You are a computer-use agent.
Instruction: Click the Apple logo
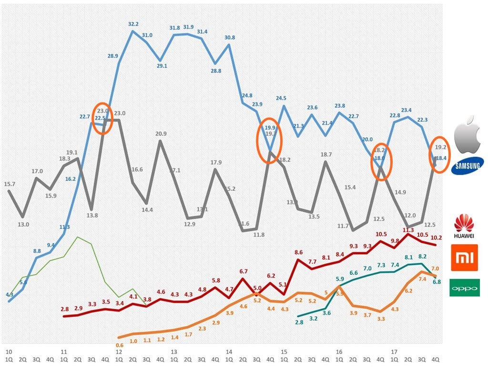[x=468, y=135]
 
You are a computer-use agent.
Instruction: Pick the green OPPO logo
[x=465, y=288]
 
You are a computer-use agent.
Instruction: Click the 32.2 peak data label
[x=133, y=24]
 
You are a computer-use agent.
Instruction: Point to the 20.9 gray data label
[x=161, y=134]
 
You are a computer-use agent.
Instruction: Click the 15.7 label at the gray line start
[x=9, y=184]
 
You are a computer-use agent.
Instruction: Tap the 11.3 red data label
[x=408, y=230]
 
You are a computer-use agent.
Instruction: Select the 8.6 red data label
[x=299, y=252]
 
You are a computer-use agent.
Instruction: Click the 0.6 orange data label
[x=120, y=345]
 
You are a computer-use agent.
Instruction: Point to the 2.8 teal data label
[x=299, y=323]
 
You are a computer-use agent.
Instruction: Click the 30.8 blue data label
[x=230, y=38]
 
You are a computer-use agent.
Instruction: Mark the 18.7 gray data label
[x=326, y=155]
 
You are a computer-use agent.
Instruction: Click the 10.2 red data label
[x=436, y=238]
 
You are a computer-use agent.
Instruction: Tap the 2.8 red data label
[x=65, y=310]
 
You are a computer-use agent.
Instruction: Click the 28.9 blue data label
[x=113, y=56]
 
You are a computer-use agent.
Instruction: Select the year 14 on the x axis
[x=229, y=352]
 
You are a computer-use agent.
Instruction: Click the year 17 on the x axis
[x=394, y=352]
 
